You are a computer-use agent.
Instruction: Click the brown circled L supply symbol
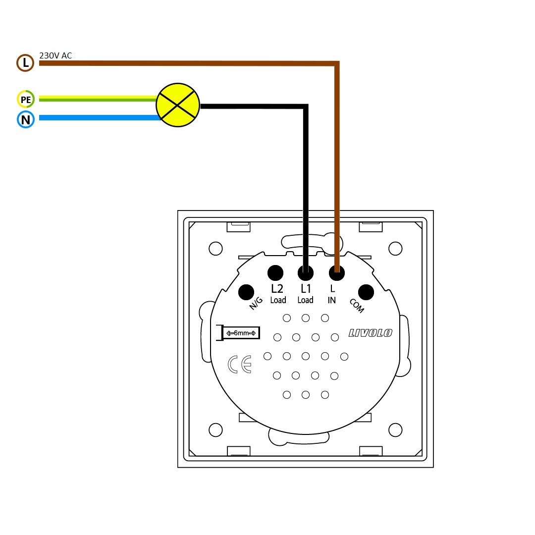pos(25,63)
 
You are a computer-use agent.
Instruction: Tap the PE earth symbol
pos(25,100)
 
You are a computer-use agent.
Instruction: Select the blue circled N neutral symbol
pos(25,119)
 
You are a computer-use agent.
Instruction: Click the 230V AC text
pos(55,55)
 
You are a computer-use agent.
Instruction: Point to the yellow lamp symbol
pos(178,105)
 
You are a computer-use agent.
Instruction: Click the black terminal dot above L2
pos(275,272)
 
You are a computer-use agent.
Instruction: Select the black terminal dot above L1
pos(306,272)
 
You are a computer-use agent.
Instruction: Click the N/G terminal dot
pos(246,292)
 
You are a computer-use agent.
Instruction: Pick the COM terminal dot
pos(366,292)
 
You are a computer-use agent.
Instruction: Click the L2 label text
pos(277,288)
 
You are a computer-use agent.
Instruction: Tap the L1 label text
pos(306,288)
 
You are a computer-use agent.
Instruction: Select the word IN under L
pos(332,300)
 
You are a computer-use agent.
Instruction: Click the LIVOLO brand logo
pos(370,333)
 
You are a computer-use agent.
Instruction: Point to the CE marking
pos(240,364)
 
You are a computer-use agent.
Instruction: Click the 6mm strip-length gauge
pos(241,333)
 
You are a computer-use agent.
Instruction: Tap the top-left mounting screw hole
pos(215,248)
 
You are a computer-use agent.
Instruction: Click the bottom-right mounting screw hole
pos(395,429)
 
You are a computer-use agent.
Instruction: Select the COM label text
pos(357,306)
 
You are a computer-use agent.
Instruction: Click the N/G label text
pos(256,304)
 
